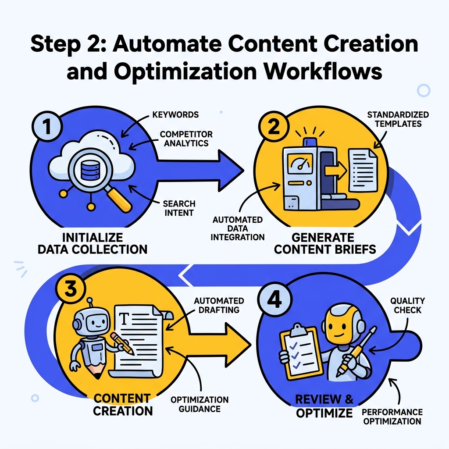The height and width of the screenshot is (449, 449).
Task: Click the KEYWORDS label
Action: [176, 115]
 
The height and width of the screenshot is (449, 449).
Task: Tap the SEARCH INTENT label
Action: [179, 209]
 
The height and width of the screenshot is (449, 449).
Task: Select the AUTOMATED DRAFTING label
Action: [219, 305]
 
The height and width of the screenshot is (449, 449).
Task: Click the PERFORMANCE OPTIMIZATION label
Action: [392, 417]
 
